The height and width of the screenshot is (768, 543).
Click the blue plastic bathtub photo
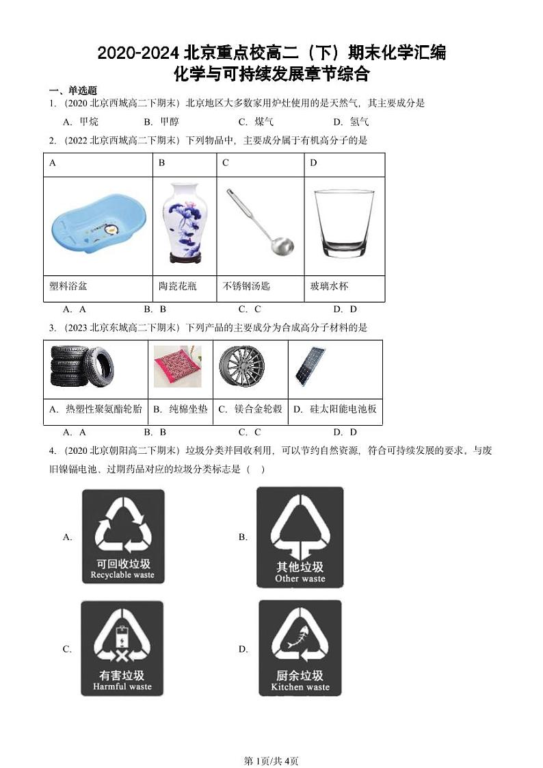tap(98, 227)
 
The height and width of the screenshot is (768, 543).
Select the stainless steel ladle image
tap(261, 220)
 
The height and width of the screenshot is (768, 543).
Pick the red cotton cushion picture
tap(177, 367)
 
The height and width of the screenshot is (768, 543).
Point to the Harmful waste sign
tap(122, 648)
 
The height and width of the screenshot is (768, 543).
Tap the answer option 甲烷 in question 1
tap(89, 122)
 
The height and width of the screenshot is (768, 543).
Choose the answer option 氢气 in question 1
tap(360, 122)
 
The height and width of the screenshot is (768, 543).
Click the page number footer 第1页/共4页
tap(271, 742)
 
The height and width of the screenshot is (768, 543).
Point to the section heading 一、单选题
tap(72, 90)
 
